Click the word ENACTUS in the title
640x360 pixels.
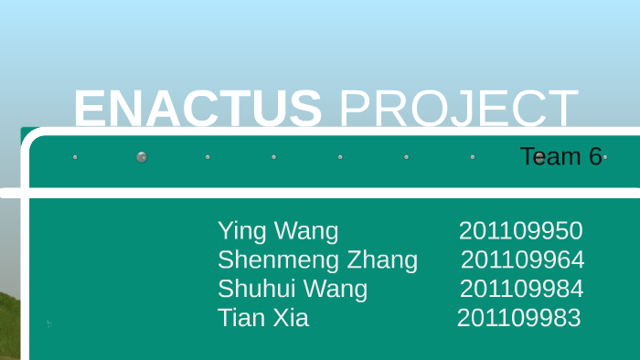coord(197,110)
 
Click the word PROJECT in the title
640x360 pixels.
coord(458,110)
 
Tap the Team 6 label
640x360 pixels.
coord(560,156)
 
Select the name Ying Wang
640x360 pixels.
coord(278,231)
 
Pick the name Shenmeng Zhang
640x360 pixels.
coord(317,260)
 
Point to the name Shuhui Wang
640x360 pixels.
coord(293,290)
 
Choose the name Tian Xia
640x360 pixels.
coord(263,318)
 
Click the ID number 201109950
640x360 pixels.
coord(520,231)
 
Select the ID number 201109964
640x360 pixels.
coord(522,260)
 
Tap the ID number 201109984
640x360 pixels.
coord(521,290)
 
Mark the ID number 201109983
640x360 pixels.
coord(518,318)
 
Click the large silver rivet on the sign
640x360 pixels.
coord(142,157)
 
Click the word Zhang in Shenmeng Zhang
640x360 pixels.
coord(382,260)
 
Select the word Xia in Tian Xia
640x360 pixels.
coord(289,318)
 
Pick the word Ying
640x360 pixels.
coord(240,232)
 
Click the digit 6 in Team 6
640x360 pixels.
coord(595,156)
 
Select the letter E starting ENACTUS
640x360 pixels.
coord(90,110)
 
